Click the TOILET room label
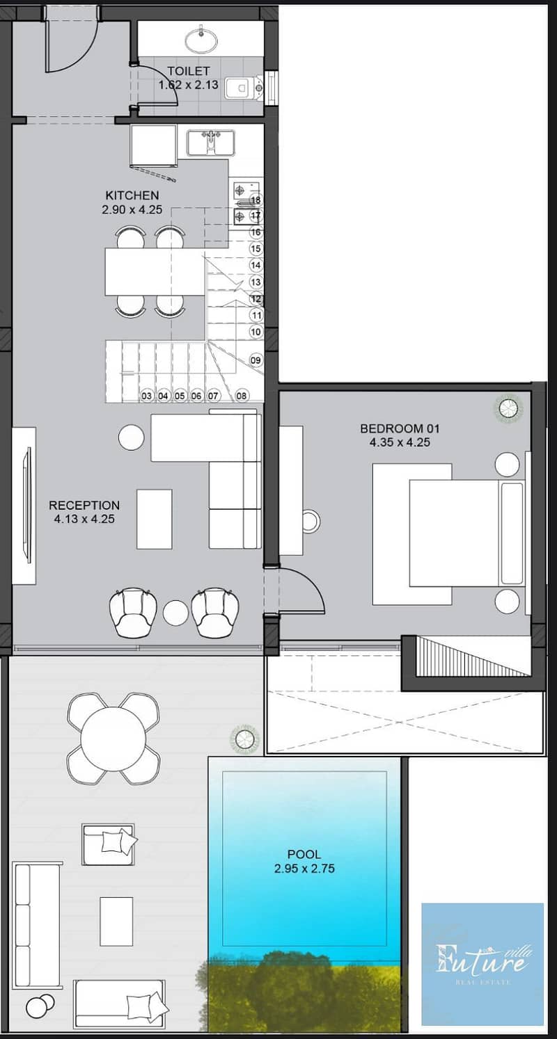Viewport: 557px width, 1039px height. (188, 71)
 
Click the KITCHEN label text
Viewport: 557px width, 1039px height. (132, 195)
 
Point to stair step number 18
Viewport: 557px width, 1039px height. (256, 200)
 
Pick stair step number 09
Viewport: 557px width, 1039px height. (256, 360)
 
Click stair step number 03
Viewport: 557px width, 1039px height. (146, 396)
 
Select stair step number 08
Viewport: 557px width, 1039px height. (242, 396)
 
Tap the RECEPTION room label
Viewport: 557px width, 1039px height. (84, 505)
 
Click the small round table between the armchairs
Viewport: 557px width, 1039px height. (175, 612)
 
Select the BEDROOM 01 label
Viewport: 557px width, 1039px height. (400, 428)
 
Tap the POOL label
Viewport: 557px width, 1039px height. (304, 854)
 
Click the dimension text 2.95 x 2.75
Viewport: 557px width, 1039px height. (304, 869)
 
